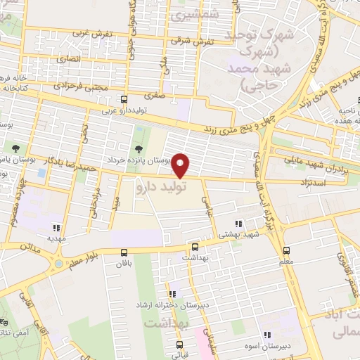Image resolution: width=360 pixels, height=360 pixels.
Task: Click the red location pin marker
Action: pos(181,165)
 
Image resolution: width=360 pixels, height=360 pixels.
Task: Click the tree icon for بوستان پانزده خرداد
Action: pos(138,148)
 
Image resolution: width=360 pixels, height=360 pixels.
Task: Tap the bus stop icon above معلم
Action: pos(286,250)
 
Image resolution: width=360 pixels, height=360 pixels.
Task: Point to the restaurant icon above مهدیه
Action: pos(56,228)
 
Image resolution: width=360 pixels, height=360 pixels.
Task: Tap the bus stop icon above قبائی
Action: pos(180,345)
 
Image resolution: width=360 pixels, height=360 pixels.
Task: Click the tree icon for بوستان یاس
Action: pos(15,148)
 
